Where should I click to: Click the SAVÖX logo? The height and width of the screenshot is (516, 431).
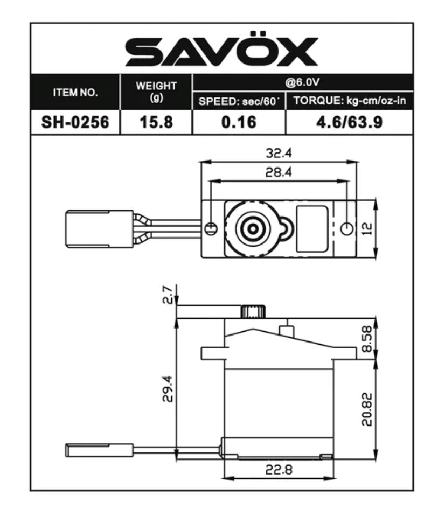pyautogui.click(x=221, y=52)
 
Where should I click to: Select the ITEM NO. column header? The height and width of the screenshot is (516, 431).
pyautogui.click(x=75, y=92)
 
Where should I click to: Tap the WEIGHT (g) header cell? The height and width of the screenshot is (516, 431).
pyautogui.click(x=156, y=92)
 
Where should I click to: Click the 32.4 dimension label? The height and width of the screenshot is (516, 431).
pyautogui.click(x=279, y=153)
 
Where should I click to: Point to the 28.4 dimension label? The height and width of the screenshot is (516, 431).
pyautogui.click(x=279, y=173)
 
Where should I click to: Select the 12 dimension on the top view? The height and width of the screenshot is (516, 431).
pyautogui.click(x=367, y=229)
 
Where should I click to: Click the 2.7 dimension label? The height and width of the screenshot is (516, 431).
pyautogui.click(x=169, y=296)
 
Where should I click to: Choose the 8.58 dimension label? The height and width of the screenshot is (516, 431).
pyautogui.click(x=367, y=340)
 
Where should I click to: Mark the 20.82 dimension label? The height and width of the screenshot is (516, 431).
pyautogui.click(x=367, y=409)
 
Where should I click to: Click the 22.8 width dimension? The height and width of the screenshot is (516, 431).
pyautogui.click(x=279, y=470)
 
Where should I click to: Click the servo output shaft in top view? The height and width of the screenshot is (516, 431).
pyautogui.click(x=252, y=229)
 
